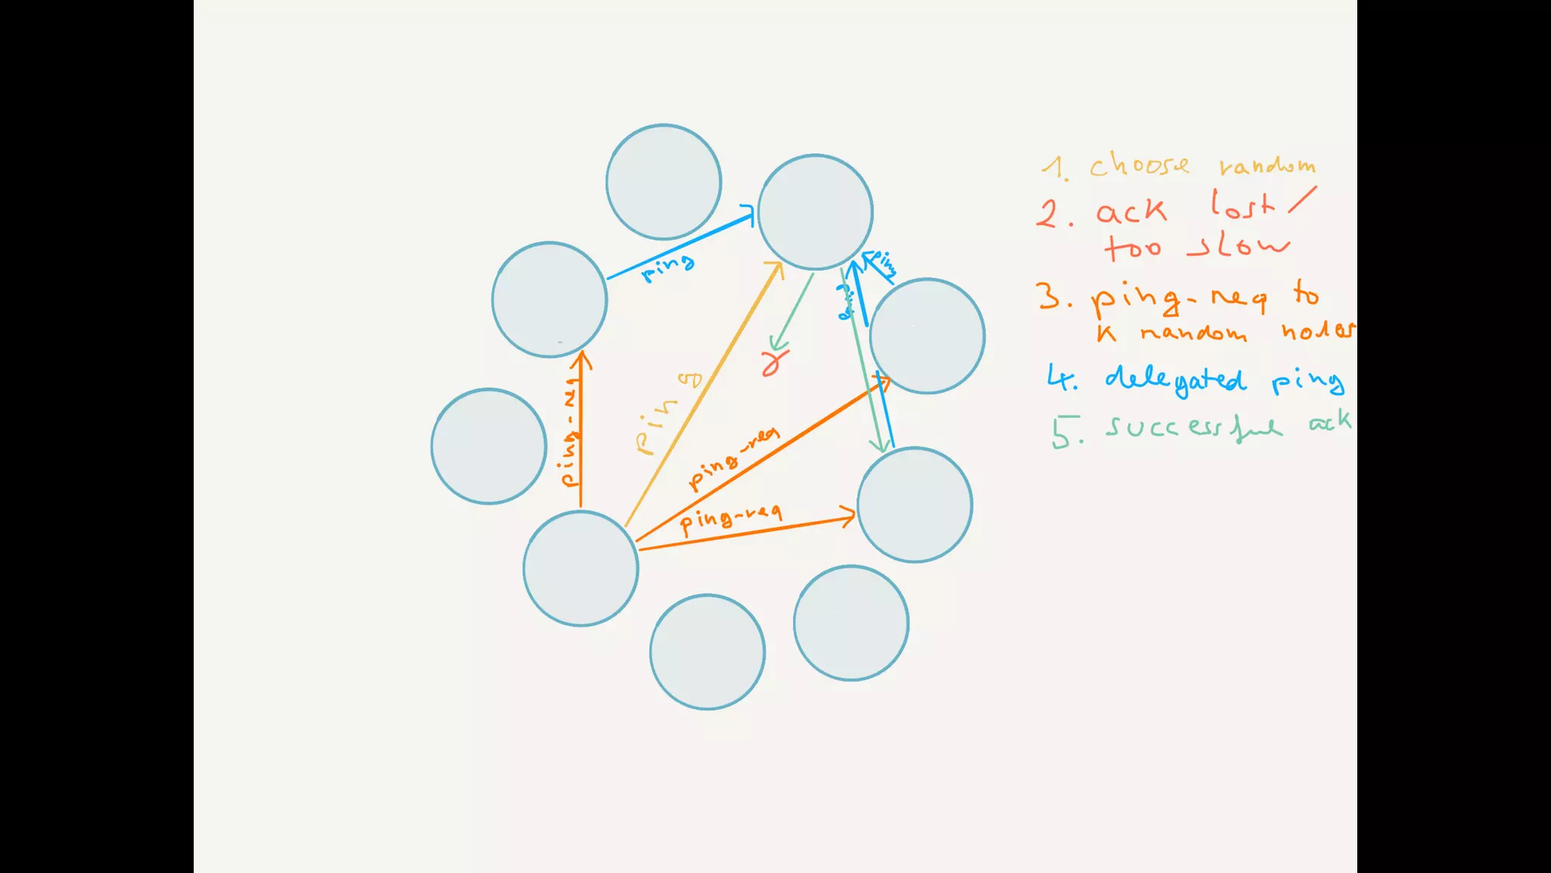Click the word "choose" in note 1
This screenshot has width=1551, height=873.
tap(1139, 165)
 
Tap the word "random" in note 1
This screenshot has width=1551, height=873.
tap(1267, 166)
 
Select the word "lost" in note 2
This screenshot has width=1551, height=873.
tap(1243, 205)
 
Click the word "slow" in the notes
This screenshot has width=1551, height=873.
tap(1239, 246)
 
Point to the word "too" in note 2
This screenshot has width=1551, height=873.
tap(1133, 247)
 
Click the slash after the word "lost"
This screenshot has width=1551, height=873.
tap(1302, 200)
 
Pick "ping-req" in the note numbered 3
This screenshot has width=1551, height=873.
tap(1178, 299)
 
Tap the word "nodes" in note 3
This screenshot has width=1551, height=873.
tap(1318, 330)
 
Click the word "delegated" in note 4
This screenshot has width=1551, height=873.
tap(1175, 379)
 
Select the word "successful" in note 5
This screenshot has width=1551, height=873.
tap(1194, 428)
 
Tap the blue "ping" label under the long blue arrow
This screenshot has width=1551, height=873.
tap(667, 267)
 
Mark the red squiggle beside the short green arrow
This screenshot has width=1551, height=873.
tap(773, 361)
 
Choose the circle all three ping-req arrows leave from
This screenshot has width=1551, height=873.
tap(581, 568)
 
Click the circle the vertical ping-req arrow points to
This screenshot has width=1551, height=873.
tap(550, 299)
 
